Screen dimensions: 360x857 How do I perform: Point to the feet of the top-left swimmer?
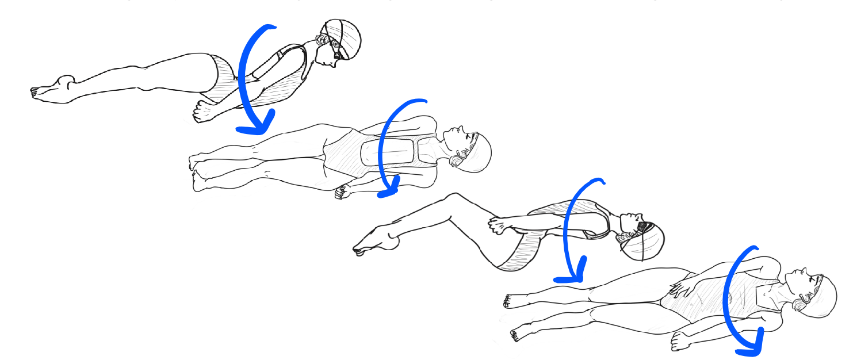point(52,89)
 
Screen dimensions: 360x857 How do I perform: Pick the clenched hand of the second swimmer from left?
point(343,192)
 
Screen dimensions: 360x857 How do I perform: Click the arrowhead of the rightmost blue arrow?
point(750,344)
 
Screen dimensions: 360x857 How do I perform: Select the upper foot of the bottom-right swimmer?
point(512,301)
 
